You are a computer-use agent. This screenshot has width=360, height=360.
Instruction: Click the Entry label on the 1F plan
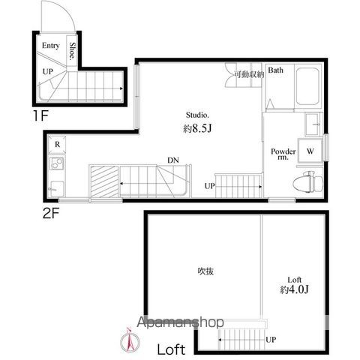(x=51, y=46)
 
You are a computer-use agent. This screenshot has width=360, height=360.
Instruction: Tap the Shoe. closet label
(x=72, y=51)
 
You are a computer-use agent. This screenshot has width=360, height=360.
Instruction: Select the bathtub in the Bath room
(x=307, y=86)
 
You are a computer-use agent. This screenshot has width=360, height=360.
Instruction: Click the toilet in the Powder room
(x=308, y=182)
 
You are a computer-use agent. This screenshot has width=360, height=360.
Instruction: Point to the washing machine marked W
(x=310, y=151)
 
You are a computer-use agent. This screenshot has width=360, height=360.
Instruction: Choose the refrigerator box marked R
(x=57, y=145)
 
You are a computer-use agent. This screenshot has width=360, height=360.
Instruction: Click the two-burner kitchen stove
(x=57, y=163)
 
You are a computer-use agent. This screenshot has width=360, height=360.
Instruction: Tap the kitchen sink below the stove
(x=56, y=189)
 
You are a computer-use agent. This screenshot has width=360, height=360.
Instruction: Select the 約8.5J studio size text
(x=197, y=128)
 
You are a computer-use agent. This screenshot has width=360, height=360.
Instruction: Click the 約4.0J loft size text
(x=294, y=289)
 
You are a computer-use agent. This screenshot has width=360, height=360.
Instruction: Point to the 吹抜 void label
(x=205, y=271)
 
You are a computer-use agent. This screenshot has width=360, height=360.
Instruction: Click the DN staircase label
(x=173, y=160)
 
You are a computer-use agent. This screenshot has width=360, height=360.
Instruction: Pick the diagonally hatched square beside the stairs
(x=104, y=181)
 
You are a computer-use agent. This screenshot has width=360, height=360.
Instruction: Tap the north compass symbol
(x=130, y=340)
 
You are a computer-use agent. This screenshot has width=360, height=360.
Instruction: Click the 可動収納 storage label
(x=249, y=74)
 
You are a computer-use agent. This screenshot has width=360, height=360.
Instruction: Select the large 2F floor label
(x=51, y=213)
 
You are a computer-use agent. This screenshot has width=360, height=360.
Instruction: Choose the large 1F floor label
(x=40, y=115)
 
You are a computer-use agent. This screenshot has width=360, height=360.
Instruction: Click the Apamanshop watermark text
(x=180, y=322)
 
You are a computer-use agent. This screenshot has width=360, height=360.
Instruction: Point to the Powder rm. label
(x=283, y=154)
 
